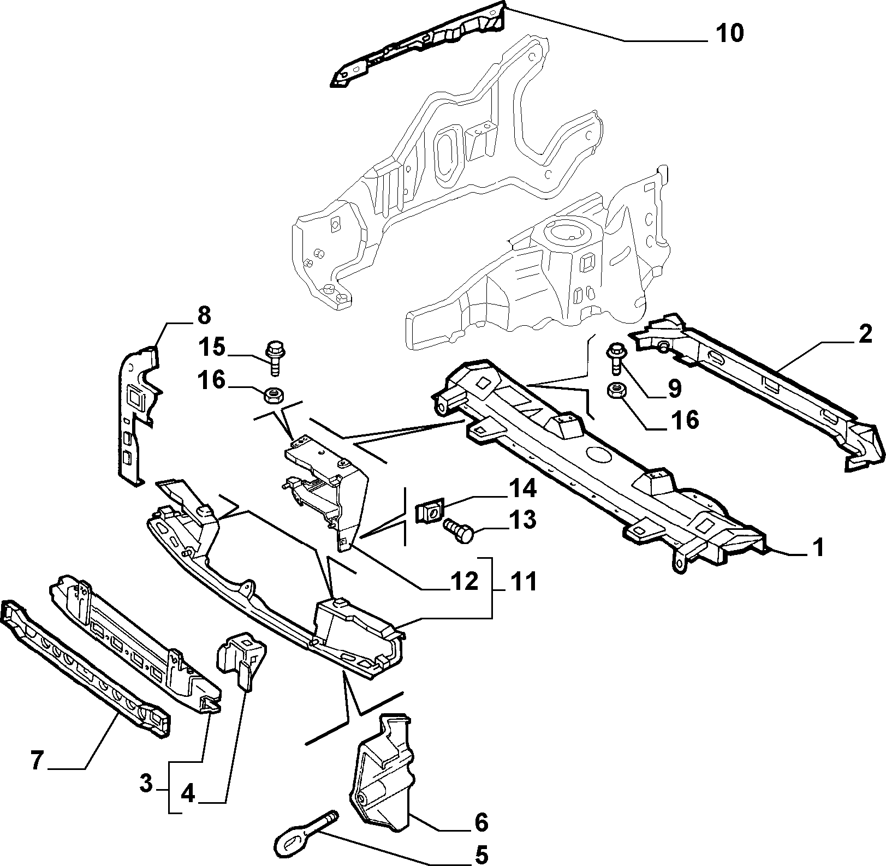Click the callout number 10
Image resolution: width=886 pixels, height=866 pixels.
click(729, 33)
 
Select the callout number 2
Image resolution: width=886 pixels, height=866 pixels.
click(865, 334)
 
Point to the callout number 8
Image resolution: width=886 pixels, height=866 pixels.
click(203, 316)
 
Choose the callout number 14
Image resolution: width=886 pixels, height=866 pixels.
click(522, 489)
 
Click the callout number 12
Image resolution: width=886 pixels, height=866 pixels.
click(463, 582)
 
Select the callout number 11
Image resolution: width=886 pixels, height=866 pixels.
click(522, 582)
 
